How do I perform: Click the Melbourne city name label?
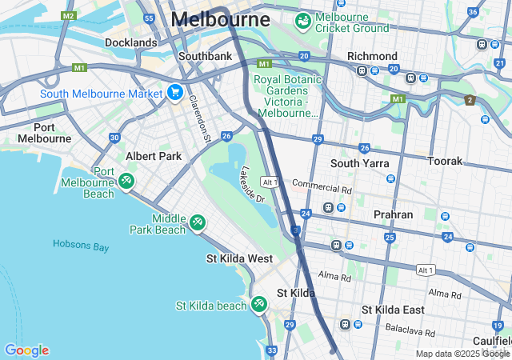(x=220, y=19)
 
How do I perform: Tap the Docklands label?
(x=130, y=42)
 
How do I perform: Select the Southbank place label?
(x=205, y=56)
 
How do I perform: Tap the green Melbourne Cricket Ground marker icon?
(x=303, y=21)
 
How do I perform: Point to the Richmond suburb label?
(x=372, y=56)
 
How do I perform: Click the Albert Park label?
(x=154, y=156)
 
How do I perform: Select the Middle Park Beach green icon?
(x=198, y=222)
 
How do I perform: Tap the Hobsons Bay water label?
(x=81, y=246)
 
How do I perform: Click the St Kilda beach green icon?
(x=258, y=305)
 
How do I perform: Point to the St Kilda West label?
(x=240, y=259)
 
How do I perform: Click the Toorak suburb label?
(x=445, y=161)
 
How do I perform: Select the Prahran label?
(x=394, y=215)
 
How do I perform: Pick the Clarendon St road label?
(x=198, y=118)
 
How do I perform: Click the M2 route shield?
(x=69, y=15)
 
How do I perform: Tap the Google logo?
(x=26, y=350)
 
